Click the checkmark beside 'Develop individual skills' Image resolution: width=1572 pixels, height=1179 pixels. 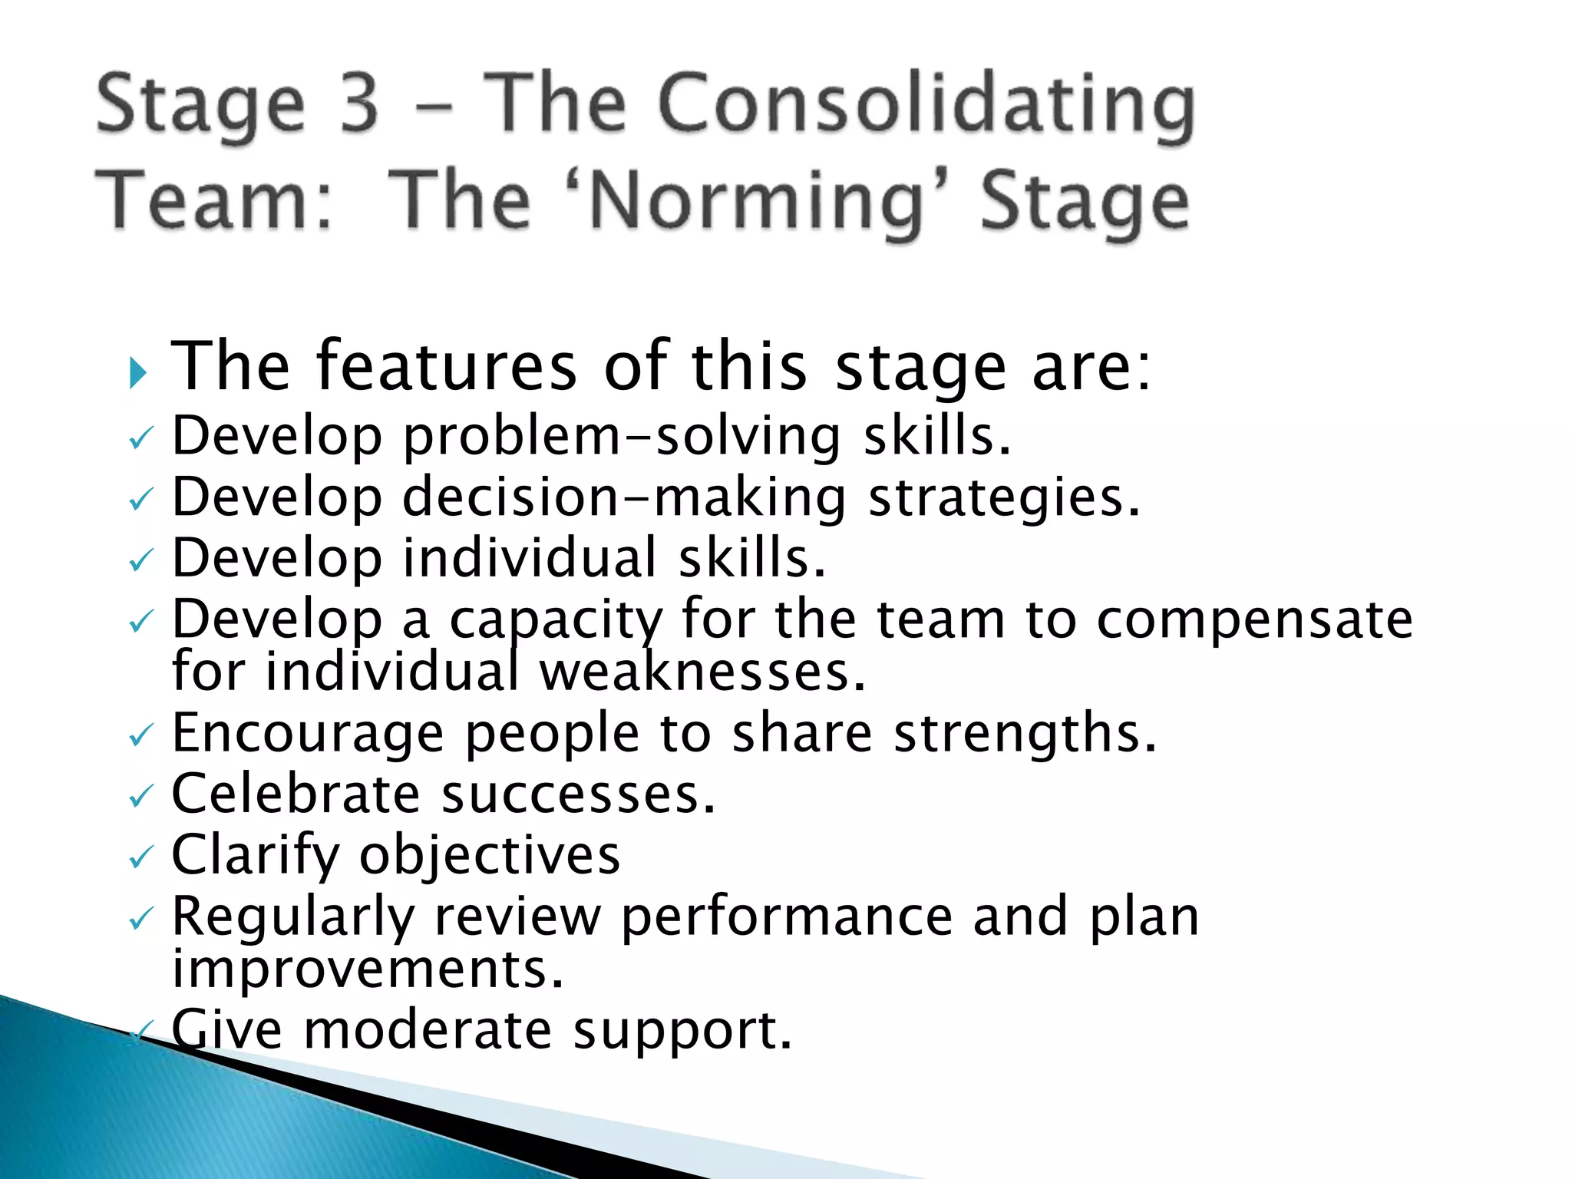click(140, 563)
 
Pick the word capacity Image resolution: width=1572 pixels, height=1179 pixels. click(555, 620)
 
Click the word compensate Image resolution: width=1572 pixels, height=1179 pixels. click(1254, 620)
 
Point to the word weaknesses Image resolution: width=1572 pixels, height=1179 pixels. click(702, 672)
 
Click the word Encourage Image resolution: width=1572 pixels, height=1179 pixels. click(308, 734)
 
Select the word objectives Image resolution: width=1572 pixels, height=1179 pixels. click(490, 856)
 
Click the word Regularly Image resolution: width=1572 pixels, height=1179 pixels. click(292, 918)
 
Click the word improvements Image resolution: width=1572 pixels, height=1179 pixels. click(368, 969)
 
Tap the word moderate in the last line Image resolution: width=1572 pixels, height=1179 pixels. click(428, 1030)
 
